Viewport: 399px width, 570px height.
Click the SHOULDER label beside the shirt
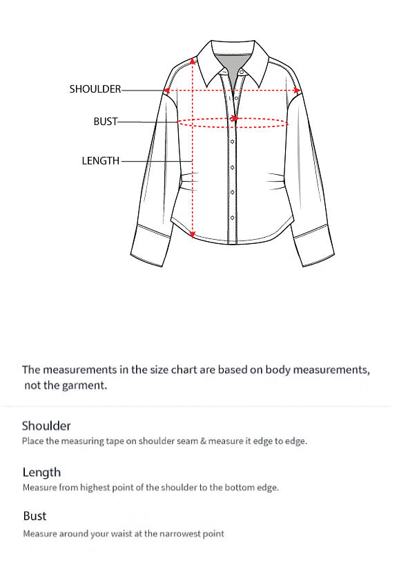95,89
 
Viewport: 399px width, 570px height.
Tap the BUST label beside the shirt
106,122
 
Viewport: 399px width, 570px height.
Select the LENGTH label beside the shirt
101,161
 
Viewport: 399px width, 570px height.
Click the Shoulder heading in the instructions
46,426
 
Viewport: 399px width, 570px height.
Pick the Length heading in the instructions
41,473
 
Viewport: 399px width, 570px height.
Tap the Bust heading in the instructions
35,516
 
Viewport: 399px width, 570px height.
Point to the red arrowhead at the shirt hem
193,234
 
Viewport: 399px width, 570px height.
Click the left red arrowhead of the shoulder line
167,90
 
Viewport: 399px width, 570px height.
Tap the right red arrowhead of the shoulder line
297,90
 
